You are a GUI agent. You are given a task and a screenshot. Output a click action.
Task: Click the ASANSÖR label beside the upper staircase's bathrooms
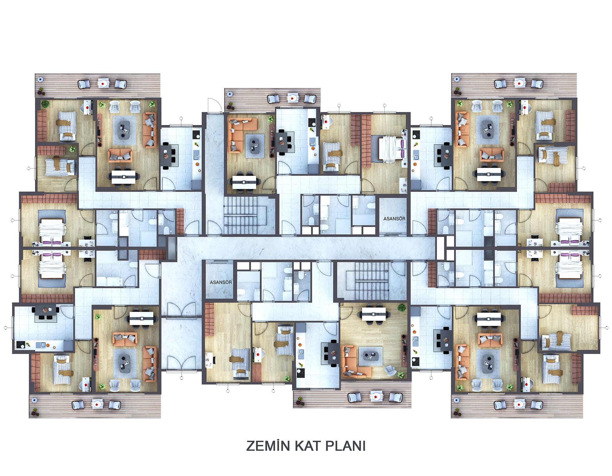[394, 218]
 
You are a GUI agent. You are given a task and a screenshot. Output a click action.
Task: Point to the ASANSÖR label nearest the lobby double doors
[221, 282]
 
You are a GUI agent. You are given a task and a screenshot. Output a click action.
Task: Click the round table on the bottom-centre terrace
[377, 396]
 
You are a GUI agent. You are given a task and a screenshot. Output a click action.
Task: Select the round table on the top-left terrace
[103, 84]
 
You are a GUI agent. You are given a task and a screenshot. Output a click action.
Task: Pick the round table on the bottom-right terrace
[519, 404]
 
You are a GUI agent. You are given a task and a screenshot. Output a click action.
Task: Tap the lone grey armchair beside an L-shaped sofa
[391, 370]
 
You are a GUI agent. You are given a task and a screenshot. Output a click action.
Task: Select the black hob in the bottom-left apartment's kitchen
[21, 345]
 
